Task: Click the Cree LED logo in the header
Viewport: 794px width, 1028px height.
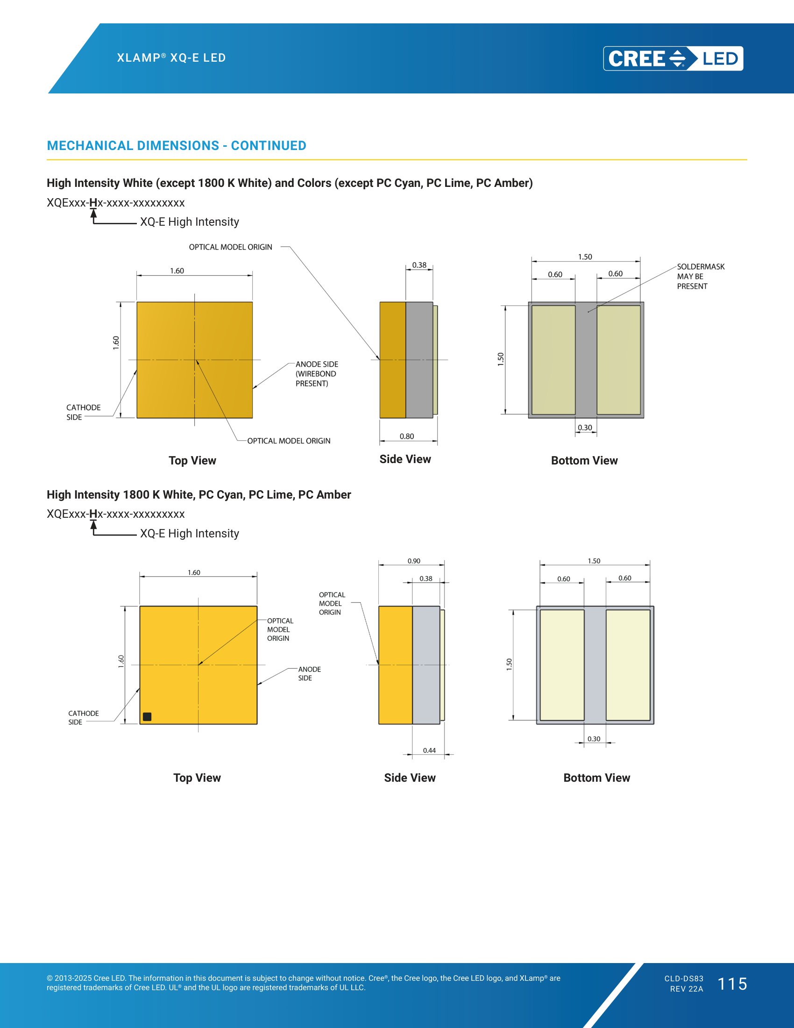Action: (673, 58)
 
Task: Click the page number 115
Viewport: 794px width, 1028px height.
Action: (732, 984)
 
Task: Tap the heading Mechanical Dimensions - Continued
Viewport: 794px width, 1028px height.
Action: (177, 145)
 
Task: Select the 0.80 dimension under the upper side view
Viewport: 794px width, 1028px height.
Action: (407, 436)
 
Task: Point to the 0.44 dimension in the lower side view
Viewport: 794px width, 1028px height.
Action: (429, 750)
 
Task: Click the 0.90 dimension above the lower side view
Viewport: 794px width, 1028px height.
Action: (414, 561)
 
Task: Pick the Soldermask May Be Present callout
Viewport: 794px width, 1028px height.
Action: (701, 276)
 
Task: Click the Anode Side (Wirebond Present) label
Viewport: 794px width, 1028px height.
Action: (317, 374)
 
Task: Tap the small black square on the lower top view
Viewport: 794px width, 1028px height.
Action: (147, 716)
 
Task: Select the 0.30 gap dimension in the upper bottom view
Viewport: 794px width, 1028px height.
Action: (585, 428)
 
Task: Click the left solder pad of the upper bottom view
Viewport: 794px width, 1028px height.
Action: (553, 360)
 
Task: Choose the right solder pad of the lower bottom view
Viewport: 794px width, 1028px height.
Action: (628, 664)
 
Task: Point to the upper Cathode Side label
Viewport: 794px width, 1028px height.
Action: (83, 412)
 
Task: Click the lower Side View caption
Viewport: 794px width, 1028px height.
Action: (410, 778)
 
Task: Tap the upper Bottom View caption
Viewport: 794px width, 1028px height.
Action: (584, 460)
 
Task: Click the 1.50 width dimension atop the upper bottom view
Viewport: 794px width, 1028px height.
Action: (585, 257)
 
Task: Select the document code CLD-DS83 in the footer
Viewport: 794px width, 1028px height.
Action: (684, 978)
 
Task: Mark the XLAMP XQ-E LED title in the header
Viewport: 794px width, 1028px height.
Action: (172, 58)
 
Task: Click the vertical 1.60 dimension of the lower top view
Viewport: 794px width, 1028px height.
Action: (121, 661)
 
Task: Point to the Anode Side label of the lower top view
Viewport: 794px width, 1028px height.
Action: (310, 673)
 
